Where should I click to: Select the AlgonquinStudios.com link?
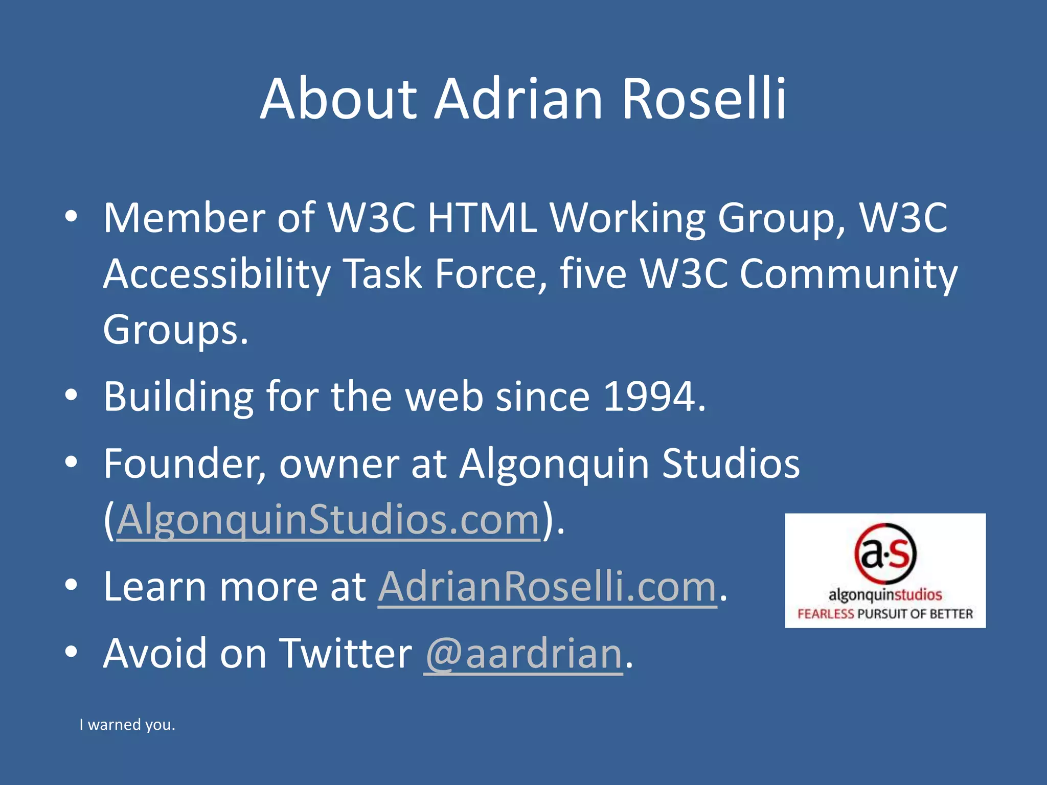tap(329, 520)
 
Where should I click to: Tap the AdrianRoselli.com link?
tap(547, 586)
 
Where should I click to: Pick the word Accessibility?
tap(217, 274)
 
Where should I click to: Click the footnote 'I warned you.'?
tap(127, 724)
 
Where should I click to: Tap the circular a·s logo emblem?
tap(885, 554)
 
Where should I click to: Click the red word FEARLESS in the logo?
tap(825, 613)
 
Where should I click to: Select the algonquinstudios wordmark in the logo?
tap(885, 595)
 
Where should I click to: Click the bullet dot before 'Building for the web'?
tap(71, 395)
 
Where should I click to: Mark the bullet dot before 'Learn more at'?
tap(71, 585)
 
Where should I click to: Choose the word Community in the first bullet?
tap(848, 274)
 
